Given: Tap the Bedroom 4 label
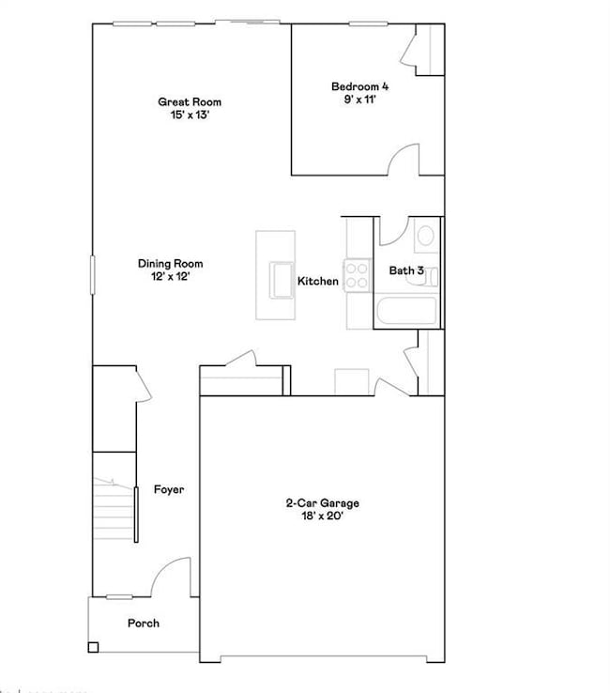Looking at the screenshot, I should pyautogui.click(x=359, y=86).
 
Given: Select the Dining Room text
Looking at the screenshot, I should pyautogui.click(x=170, y=264).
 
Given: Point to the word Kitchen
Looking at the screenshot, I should pyautogui.click(x=318, y=281).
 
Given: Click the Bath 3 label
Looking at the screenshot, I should pyautogui.click(x=406, y=270).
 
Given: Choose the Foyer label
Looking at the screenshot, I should pyautogui.click(x=169, y=489).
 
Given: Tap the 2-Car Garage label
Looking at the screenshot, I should pyautogui.click(x=322, y=503).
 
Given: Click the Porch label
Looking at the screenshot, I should pyautogui.click(x=144, y=623).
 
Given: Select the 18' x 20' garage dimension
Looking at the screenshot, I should pyautogui.click(x=322, y=516).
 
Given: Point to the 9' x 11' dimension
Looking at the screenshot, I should pyautogui.click(x=359, y=100).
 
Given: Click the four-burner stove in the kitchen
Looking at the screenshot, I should pyautogui.click(x=357, y=274).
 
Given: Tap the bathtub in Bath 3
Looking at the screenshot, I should pyautogui.click(x=405, y=311).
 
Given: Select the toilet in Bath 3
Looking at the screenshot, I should pyautogui.click(x=424, y=235).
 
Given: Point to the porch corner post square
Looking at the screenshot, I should pyautogui.click(x=93, y=647).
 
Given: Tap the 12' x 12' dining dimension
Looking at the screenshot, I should pyautogui.click(x=170, y=277).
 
